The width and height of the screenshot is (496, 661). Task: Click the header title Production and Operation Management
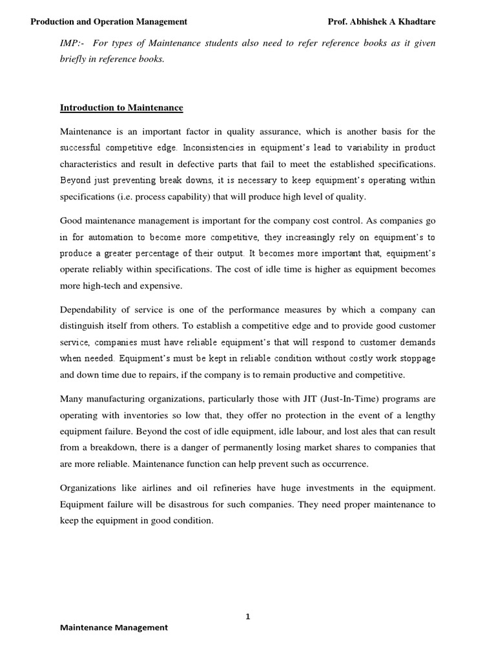tap(109, 22)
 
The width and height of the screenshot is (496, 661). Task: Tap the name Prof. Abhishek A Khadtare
tap(381, 22)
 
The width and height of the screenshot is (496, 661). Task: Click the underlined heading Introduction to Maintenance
tap(121, 108)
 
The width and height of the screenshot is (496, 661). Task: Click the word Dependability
tap(88, 309)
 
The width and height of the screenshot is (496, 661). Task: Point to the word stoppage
tap(413, 358)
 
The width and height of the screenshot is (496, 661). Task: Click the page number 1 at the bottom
tap(247, 616)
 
